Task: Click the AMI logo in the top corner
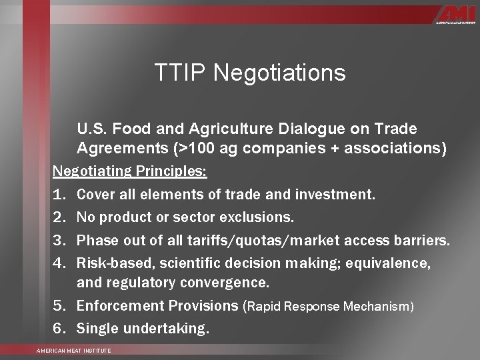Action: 455,15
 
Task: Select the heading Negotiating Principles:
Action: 130,171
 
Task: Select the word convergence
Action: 223,283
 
